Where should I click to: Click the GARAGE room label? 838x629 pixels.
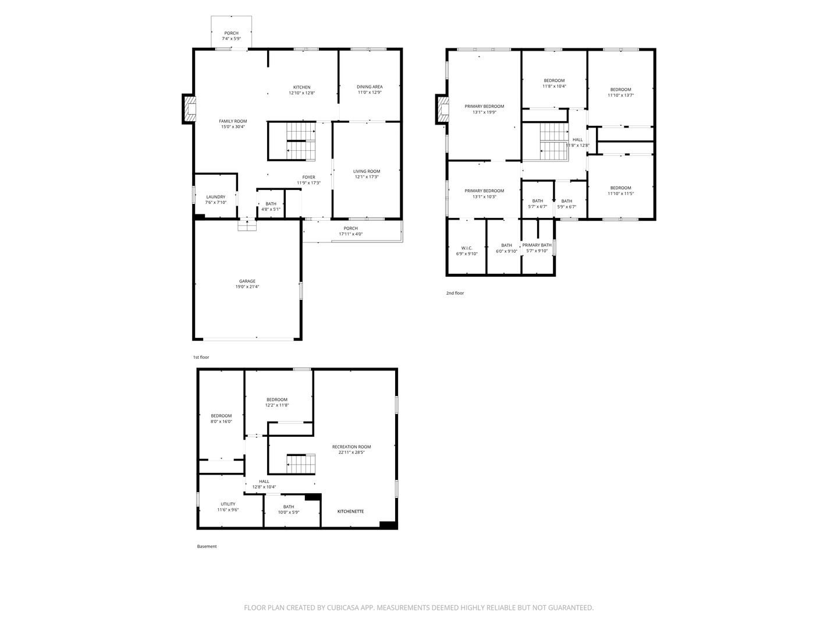point(247,281)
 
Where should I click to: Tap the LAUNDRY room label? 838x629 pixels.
point(215,197)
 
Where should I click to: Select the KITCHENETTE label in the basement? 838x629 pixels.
point(351,511)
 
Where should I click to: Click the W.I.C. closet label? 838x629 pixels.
point(467,248)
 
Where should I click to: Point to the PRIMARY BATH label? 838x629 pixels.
point(537,245)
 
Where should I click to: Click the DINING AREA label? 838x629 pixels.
point(370,87)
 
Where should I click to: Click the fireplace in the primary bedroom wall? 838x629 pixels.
point(443,109)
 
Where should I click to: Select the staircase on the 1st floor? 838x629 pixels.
point(301,142)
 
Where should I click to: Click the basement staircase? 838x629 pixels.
point(301,464)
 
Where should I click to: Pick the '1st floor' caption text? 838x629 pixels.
point(201,357)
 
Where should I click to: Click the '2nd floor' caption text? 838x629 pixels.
point(455,293)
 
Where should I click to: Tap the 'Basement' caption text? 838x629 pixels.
point(207,546)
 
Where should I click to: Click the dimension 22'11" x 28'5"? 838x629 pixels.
point(351,453)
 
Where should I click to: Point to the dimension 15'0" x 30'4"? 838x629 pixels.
point(233,127)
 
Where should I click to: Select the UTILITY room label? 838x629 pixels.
point(228,504)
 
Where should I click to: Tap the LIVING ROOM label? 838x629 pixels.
point(367,171)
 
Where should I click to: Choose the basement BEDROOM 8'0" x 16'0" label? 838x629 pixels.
point(221,416)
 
